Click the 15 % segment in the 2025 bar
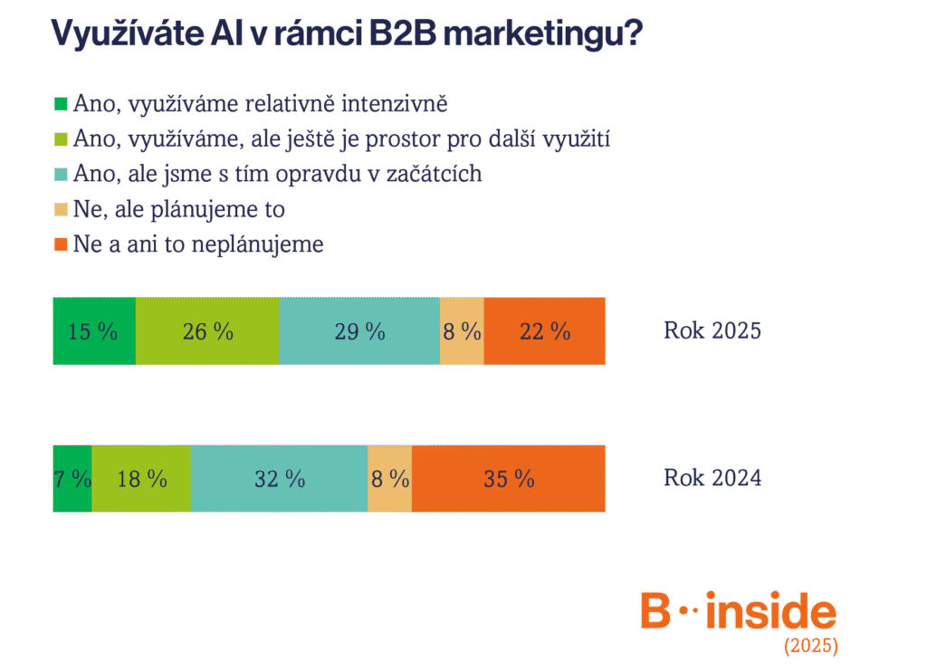coord(94,331)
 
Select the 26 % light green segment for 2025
coord(207,331)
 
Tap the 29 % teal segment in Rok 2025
coord(359,331)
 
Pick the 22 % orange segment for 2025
coord(544,331)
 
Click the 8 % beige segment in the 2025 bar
coord(462,331)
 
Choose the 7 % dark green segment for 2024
coord(72,479)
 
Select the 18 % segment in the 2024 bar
coord(141,479)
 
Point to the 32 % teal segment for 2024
coord(279,479)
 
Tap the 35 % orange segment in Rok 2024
coord(509,479)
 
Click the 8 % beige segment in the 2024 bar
coord(389,479)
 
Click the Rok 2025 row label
coord(712,330)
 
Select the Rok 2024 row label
coord(712,477)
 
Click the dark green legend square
coord(61,104)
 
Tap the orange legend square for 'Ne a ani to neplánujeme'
coord(61,244)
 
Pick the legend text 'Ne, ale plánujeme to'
coord(179,210)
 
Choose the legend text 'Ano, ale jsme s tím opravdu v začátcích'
coord(277,175)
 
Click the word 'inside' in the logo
coord(771,610)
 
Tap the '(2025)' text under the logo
coord(811,645)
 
